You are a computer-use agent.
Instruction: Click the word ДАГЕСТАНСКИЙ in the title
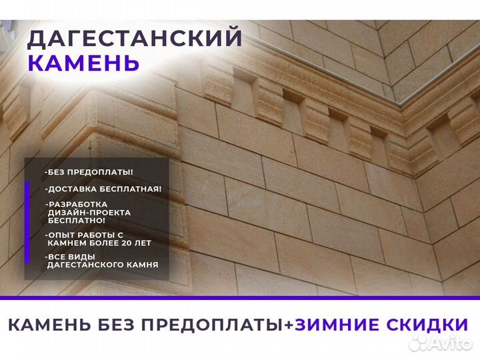coord(135,38)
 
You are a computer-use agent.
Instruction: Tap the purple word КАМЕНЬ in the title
coord(83,63)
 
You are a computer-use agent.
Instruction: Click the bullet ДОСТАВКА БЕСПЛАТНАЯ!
coord(103,189)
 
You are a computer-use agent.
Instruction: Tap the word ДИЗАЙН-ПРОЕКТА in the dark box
coord(89,212)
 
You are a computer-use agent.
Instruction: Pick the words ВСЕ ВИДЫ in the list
coord(68,257)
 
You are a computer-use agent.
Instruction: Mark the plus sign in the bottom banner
coord(288,325)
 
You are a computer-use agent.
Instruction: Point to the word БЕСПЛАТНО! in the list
coord(77,220)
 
